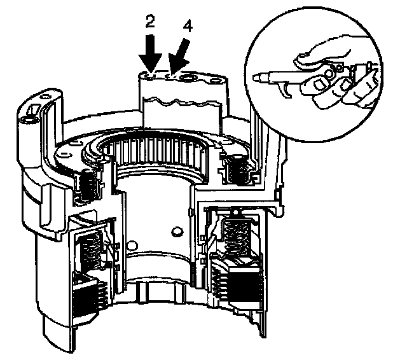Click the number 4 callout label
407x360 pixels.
[187, 27]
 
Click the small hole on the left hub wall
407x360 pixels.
[132, 242]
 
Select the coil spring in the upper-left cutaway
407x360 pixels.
[88, 185]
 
